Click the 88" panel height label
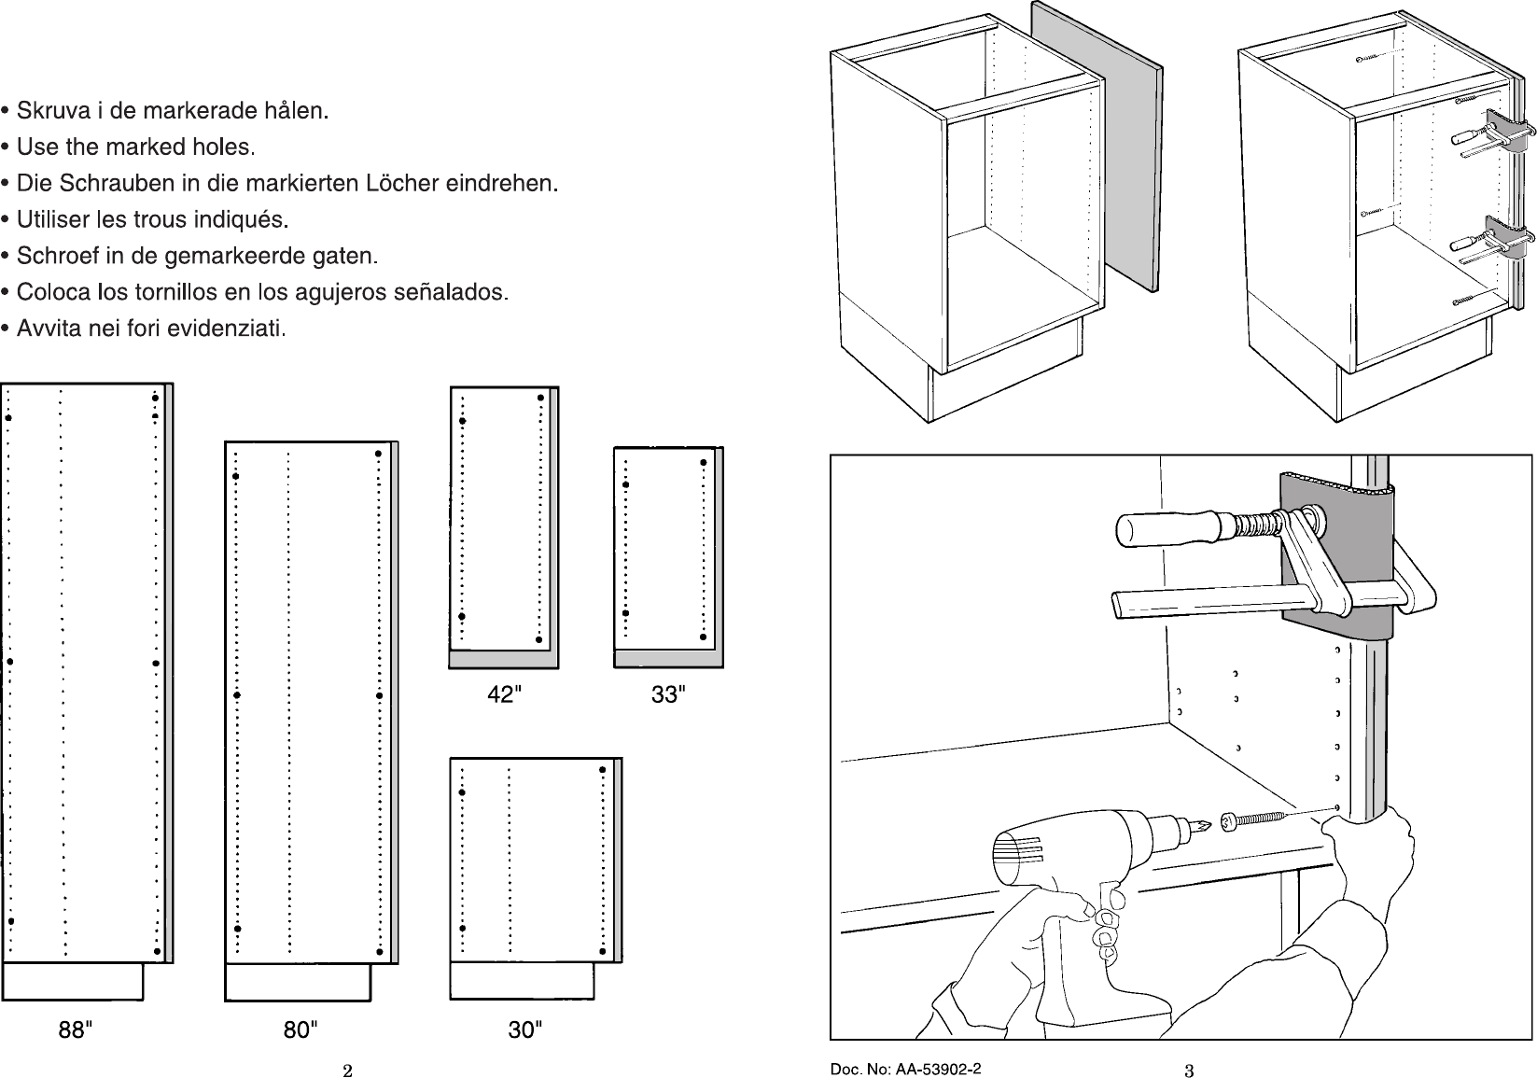click(x=75, y=1030)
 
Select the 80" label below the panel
click(x=300, y=1030)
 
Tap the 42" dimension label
click(x=505, y=694)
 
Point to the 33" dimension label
click(x=668, y=694)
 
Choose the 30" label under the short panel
click(x=525, y=1030)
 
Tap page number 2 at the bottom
click(x=346, y=1071)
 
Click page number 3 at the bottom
click(x=1189, y=1071)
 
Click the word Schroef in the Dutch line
click(x=50, y=256)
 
